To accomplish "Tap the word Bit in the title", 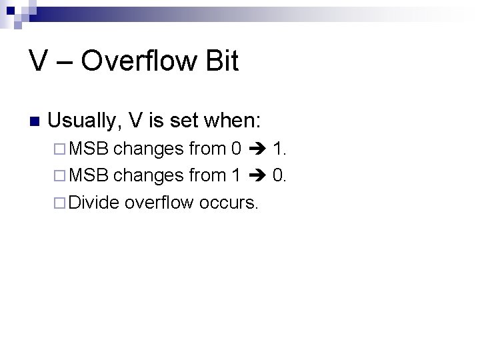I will tap(221, 61).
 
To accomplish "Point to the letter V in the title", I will tap(38, 61).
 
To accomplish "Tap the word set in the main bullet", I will tap(184, 121).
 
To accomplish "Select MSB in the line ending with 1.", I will tap(89, 148).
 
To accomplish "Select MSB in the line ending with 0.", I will tap(89, 175).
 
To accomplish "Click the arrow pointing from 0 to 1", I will tap(257, 148).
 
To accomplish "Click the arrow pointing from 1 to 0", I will tap(257, 175).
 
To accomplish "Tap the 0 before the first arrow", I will tap(235, 148).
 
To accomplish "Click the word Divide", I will tap(94, 201).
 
